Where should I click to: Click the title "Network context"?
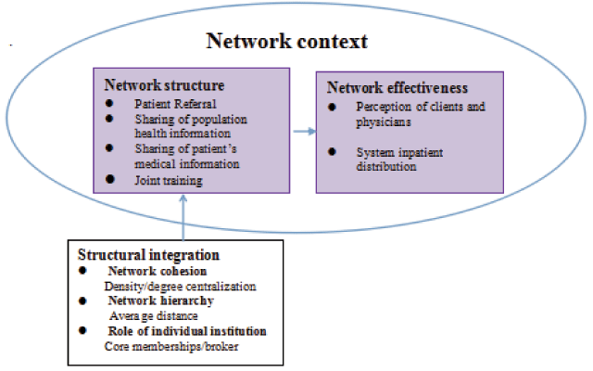(x=286, y=42)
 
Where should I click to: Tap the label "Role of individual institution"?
(x=187, y=331)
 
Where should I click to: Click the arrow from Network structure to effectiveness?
(x=303, y=132)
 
